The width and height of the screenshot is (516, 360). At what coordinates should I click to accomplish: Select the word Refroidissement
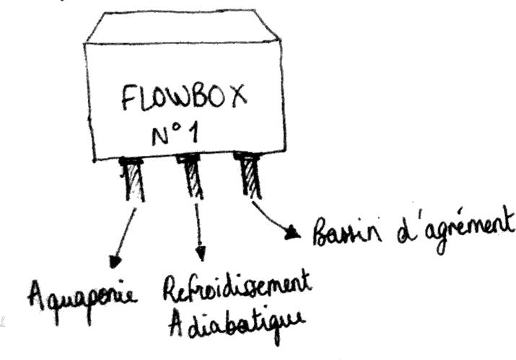236,288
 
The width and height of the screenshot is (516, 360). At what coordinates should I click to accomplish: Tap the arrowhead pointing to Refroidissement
200,254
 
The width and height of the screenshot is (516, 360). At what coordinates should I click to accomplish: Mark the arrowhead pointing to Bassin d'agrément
292,232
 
